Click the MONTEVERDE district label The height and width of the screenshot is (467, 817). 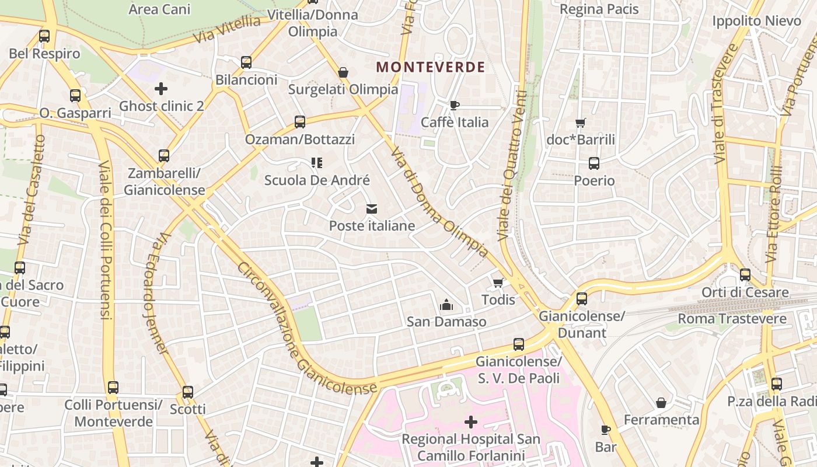(x=430, y=67)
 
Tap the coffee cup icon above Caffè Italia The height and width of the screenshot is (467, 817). (x=455, y=105)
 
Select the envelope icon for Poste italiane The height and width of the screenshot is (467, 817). (x=372, y=208)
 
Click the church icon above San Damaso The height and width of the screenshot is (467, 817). (x=446, y=304)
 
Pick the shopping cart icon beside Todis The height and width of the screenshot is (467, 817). (x=498, y=283)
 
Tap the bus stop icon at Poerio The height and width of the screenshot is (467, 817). (x=594, y=163)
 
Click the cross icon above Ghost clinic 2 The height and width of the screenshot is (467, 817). (x=161, y=89)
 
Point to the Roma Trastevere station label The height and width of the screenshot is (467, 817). (x=732, y=319)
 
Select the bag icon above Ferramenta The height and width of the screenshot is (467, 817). (x=661, y=403)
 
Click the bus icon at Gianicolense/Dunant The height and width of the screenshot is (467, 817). (x=582, y=299)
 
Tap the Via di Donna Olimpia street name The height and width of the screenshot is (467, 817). (x=439, y=201)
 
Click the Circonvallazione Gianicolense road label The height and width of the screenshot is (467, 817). (x=306, y=329)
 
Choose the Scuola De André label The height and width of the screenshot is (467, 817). (x=317, y=180)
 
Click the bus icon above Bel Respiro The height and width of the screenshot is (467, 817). (x=44, y=36)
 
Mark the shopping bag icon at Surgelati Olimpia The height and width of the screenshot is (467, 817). (x=343, y=72)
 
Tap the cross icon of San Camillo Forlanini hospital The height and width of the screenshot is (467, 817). (x=471, y=421)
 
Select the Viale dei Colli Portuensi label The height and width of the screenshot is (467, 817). (x=104, y=239)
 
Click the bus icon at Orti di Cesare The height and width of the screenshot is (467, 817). (x=745, y=274)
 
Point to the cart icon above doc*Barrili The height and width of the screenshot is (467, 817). (x=580, y=123)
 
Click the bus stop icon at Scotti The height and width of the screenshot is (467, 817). (x=188, y=392)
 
